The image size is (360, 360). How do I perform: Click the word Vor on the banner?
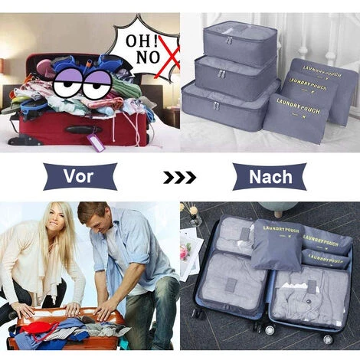pos(78,176)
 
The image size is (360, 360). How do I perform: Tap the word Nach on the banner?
pos(270,177)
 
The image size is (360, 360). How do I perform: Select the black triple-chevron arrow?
pos(179,178)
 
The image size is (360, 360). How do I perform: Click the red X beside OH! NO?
pos(167,57)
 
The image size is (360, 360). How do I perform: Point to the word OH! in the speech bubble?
pos(142,41)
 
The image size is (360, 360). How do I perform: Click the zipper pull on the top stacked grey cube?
pos(230,41)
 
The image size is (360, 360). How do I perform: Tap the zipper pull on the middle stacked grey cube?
pos(221,74)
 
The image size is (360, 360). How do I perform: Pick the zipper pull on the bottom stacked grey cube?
pos(216,106)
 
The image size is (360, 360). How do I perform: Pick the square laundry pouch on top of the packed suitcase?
pos(277,244)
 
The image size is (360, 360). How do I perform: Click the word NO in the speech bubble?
pos(148,57)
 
